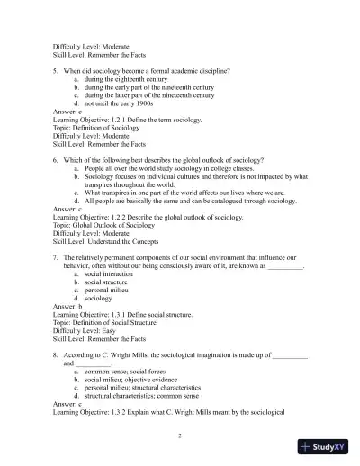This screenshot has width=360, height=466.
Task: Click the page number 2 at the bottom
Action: click(180, 435)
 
